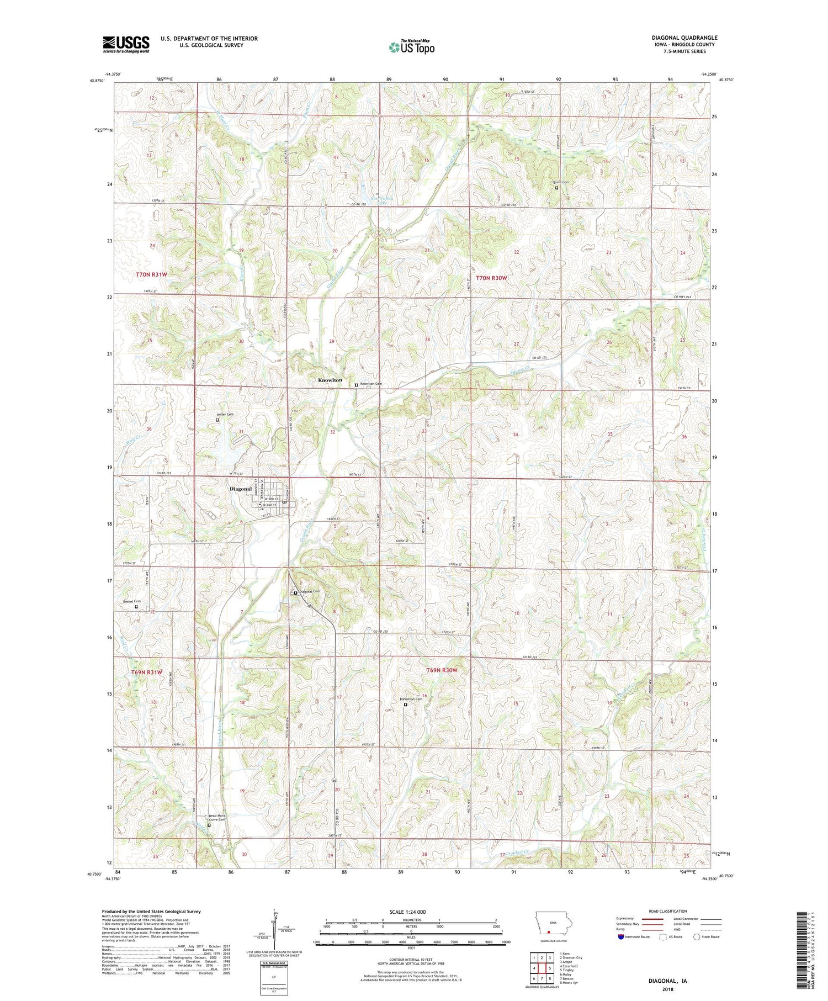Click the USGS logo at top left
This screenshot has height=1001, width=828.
(x=126, y=44)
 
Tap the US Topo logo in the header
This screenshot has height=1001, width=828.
(x=411, y=47)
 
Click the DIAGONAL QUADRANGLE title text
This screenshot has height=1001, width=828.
(x=684, y=38)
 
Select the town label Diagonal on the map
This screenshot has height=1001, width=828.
(x=240, y=489)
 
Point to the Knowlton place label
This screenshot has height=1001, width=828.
(x=330, y=380)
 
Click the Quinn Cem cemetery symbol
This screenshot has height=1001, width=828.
(x=556, y=188)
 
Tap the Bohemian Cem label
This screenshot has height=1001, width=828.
(x=411, y=699)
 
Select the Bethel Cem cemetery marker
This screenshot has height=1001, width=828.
(x=136, y=607)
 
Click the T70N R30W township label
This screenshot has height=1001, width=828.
(x=491, y=278)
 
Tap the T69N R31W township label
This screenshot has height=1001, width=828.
(x=147, y=672)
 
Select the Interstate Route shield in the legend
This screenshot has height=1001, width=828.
(x=620, y=936)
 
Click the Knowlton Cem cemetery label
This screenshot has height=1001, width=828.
(x=371, y=384)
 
